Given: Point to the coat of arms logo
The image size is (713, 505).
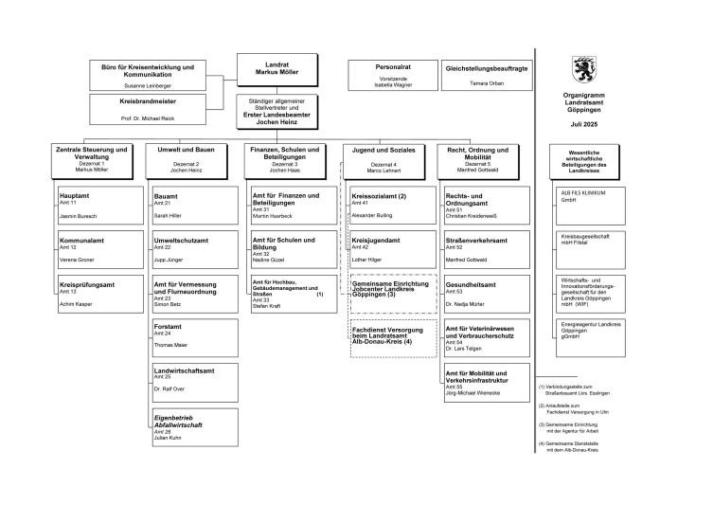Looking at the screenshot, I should tap(582, 70).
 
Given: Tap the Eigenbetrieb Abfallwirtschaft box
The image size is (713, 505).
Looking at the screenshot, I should tap(188, 424).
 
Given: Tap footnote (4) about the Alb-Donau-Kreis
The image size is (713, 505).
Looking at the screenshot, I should tap(577, 446).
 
